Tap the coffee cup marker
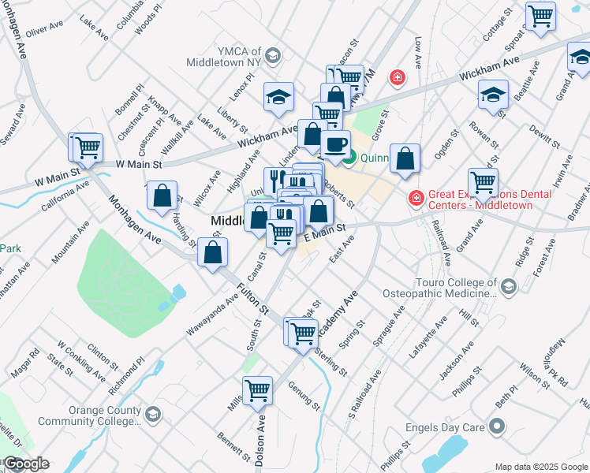(x=336, y=145)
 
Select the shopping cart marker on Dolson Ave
(x=258, y=389)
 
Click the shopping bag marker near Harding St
(x=162, y=197)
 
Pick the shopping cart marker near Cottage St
(x=541, y=16)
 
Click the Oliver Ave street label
(x=44, y=29)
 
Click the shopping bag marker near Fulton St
(x=213, y=253)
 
